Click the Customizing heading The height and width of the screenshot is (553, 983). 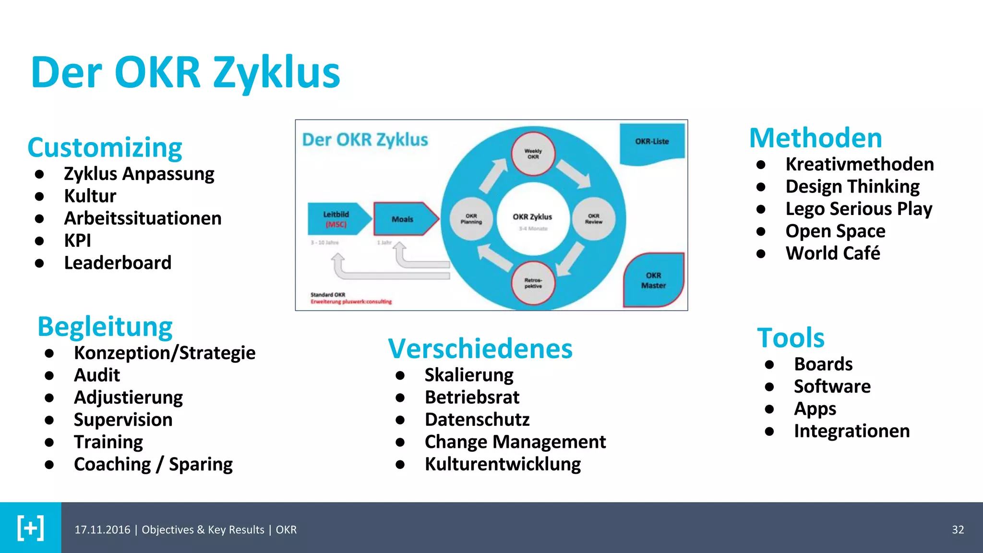click(105, 147)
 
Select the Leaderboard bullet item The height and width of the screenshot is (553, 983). click(118, 263)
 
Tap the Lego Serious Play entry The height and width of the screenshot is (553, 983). click(859, 209)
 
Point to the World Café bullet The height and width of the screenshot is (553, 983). click(833, 253)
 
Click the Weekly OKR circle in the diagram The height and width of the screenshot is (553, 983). click(533, 154)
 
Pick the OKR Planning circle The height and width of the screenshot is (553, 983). click(471, 219)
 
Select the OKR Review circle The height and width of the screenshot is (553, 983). click(594, 219)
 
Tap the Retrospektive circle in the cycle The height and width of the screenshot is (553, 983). click(533, 283)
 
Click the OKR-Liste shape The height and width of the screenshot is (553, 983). click(652, 142)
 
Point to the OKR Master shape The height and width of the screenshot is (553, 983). click(653, 280)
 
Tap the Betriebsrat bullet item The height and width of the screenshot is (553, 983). click(472, 397)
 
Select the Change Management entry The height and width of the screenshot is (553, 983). click(515, 442)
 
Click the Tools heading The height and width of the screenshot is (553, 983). click(791, 337)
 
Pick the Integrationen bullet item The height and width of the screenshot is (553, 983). click(851, 431)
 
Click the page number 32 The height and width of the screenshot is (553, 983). click(958, 529)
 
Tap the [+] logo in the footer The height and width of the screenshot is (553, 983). click(31, 528)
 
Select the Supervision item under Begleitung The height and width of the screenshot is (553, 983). click(123, 420)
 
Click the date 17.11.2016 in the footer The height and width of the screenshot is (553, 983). click(102, 529)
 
